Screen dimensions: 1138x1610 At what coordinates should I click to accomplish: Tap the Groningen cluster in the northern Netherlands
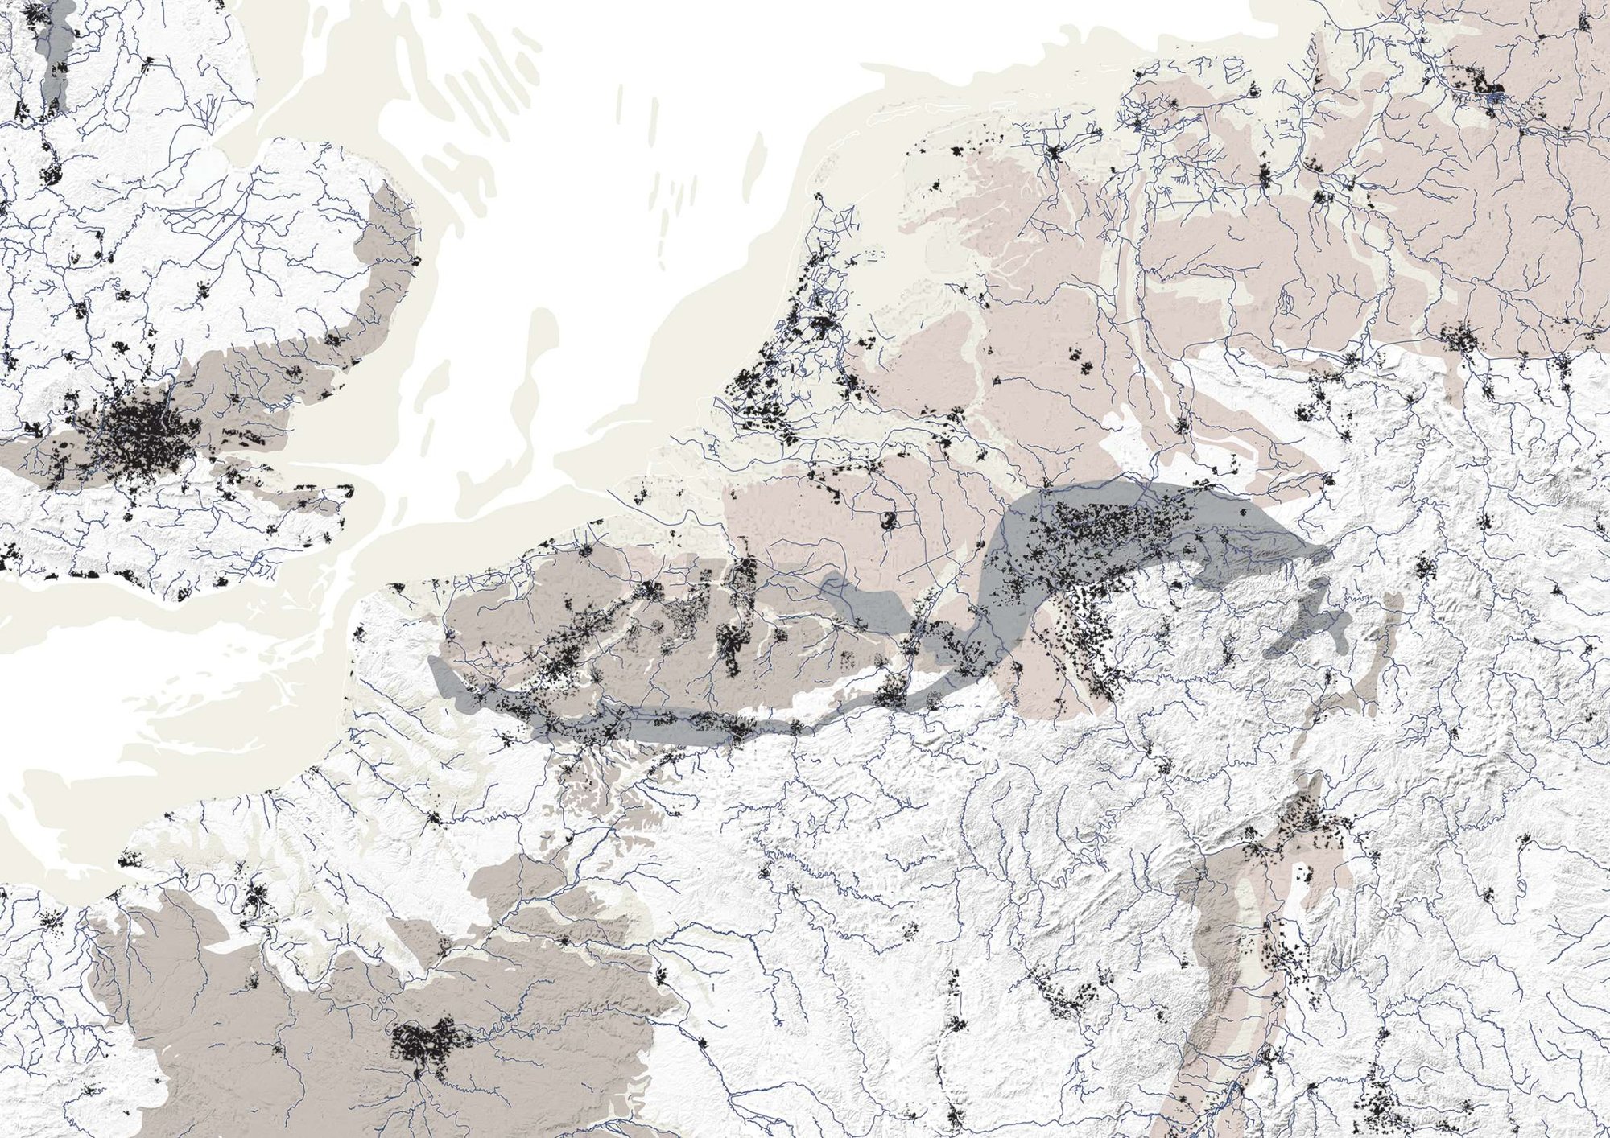click(x=1053, y=152)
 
